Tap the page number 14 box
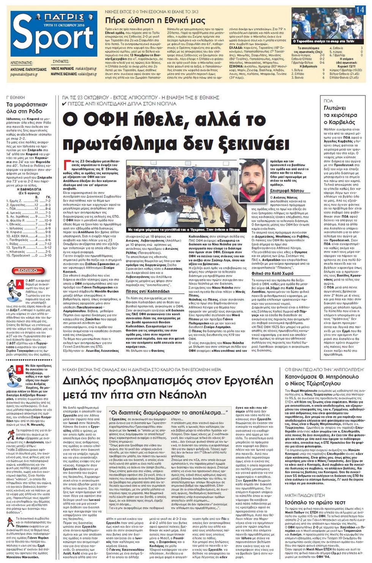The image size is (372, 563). point(359,10)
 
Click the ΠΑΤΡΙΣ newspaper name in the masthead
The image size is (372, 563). point(64,17)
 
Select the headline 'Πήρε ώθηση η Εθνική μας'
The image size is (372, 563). point(155,20)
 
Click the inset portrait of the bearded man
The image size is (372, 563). point(253,181)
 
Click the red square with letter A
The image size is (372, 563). point(20,284)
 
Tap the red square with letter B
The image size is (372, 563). point(20,369)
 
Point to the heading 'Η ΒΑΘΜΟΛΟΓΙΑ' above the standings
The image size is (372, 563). point(29,189)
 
